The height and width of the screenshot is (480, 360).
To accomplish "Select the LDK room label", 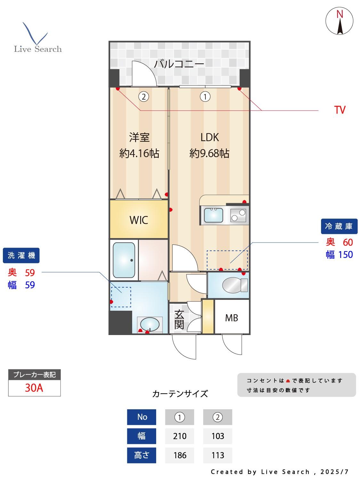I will [x=210, y=137].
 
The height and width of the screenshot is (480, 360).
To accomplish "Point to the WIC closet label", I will [x=139, y=220].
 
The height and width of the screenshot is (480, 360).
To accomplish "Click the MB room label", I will [x=231, y=318].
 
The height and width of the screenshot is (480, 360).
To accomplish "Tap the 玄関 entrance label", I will [x=179, y=319].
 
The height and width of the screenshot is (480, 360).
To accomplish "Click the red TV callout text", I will [x=340, y=110].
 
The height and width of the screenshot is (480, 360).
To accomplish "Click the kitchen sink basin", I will [x=213, y=215].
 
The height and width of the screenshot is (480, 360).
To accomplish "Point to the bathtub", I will [x=124, y=260].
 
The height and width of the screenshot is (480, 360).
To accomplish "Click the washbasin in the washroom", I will [x=149, y=324].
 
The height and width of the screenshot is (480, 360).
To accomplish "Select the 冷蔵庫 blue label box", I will [x=339, y=226].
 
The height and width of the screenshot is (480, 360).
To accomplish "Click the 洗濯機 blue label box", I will [x=21, y=255].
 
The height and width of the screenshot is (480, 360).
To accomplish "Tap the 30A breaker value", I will [x=34, y=388].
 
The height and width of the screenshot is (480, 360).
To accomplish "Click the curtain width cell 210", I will [x=180, y=436].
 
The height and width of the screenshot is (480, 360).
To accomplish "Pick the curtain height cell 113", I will [x=218, y=455].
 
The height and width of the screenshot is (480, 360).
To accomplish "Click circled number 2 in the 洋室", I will [x=144, y=96].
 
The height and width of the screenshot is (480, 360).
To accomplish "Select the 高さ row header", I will [x=141, y=455].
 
